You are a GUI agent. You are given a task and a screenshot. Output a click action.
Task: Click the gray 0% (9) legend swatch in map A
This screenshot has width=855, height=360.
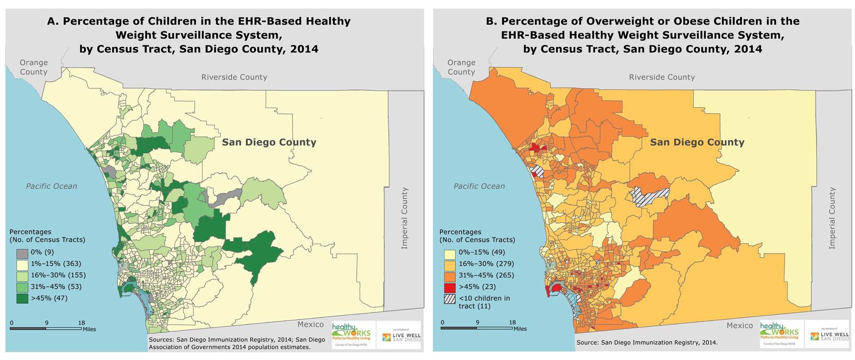coord(22,253)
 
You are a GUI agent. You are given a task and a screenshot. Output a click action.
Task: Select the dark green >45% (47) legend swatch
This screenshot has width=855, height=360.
coord(22,298)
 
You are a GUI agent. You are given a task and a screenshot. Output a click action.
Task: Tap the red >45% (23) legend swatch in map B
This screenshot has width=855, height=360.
coord(450,287)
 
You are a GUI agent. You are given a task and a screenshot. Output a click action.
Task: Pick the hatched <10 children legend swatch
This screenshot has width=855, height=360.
coord(450,299)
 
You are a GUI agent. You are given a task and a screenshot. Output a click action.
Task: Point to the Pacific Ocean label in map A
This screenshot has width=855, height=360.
coord(51,186)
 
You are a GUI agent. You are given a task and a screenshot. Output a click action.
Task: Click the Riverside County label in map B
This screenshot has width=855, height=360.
coord(661,77)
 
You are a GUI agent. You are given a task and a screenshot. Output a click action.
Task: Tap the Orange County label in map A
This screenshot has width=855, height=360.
coord(34,67)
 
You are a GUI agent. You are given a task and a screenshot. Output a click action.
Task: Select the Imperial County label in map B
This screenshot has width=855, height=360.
coord(832,218)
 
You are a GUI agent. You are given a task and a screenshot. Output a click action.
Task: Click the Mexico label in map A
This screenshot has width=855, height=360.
coord(310,324)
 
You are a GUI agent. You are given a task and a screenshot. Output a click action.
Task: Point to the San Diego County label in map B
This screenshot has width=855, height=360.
coord(697,143)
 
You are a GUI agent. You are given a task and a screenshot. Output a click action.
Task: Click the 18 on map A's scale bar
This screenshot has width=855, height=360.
coord(81,323)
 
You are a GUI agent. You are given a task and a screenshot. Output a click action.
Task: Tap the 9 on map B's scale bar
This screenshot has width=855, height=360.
coord(477,323)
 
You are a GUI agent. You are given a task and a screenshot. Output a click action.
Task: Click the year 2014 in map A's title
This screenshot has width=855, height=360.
coord(304,49)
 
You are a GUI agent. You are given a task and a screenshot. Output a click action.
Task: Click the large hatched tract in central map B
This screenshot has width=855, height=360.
coord(650,196)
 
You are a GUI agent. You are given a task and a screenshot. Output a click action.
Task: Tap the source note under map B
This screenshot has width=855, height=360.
coord(647,343)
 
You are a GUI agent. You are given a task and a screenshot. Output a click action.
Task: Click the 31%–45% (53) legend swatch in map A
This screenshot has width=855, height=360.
coord(22,287)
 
